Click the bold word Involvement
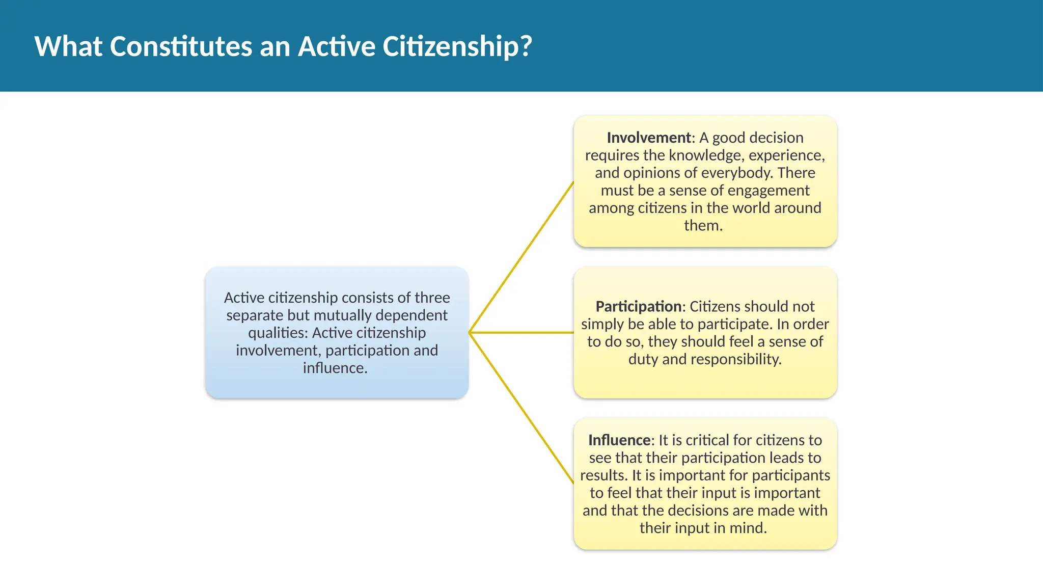pyautogui.click(x=648, y=138)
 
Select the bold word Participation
pyautogui.click(x=638, y=306)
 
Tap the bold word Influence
pyautogui.click(x=619, y=440)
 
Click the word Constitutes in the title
pyautogui.click(x=181, y=46)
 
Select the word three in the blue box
pyautogui.click(x=432, y=298)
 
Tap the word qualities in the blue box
pyautogui.click(x=278, y=333)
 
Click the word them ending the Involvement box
pyautogui.click(x=703, y=226)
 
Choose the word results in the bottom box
pyautogui.click(x=603, y=475)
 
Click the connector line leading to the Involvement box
pyautogui.click(x=521, y=257)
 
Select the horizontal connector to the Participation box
pyautogui.click(x=521, y=333)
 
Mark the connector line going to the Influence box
pyautogui.click(x=521, y=408)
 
